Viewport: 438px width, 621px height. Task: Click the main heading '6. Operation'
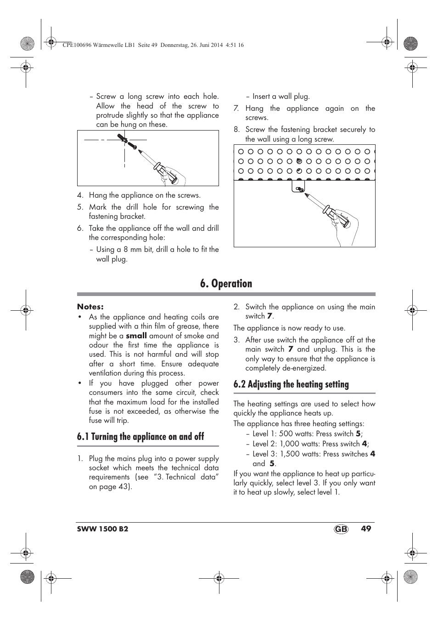[x=226, y=284]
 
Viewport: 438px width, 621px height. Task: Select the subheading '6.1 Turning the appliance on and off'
[x=140, y=437]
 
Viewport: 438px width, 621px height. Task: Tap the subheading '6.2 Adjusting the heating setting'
[x=291, y=384]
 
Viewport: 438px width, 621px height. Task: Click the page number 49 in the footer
[x=365, y=529]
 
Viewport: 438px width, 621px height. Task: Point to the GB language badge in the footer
[x=341, y=529]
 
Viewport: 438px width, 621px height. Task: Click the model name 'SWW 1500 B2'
[x=102, y=529]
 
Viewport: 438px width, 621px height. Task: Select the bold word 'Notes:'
[x=90, y=307]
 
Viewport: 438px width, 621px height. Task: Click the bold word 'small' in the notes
[x=136, y=336]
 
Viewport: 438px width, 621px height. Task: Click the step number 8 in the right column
[x=236, y=130]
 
